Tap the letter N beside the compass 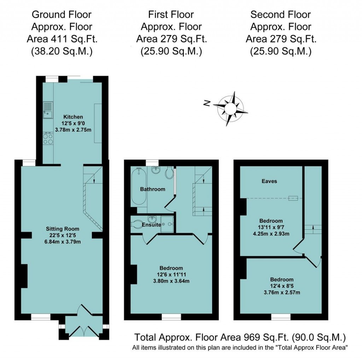[x=207, y=103]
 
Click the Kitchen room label [x=73, y=117]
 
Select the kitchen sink [x=47, y=109]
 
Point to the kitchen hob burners [x=48, y=139]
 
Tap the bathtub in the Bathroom [x=138, y=186]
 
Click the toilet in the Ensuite [x=136, y=224]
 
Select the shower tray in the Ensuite [x=168, y=224]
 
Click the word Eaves [x=269, y=181]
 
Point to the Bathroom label [x=152, y=189]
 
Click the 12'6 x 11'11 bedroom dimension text [x=171, y=274]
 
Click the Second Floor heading [x=280, y=15]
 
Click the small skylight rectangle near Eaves [x=293, y=198]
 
